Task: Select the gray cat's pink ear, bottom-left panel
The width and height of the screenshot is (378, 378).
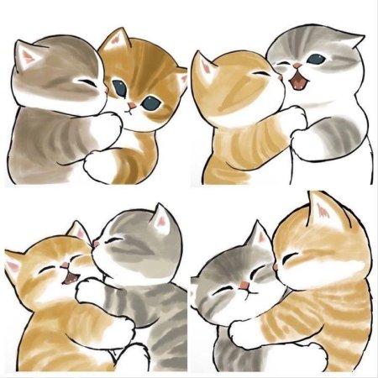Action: (158, 220)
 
